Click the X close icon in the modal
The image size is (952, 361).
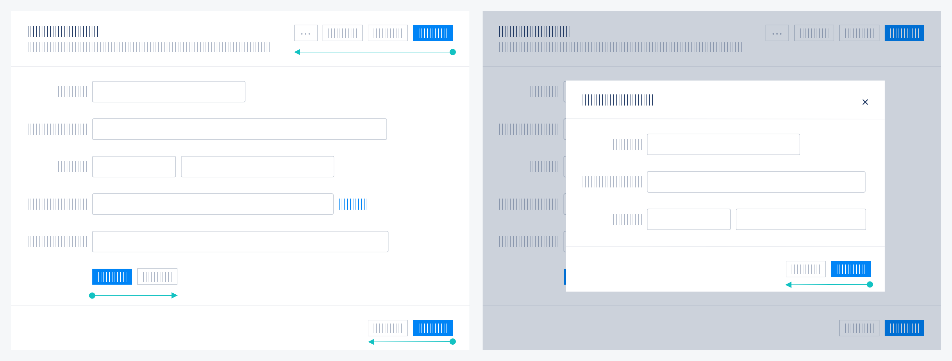[x=865, y=102]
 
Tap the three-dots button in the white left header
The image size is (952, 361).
[x=306, y=33]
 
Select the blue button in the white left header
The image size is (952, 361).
[x=432, y=33]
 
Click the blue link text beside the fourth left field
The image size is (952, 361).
[x=353, y=204]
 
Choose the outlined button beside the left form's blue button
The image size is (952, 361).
[x=157, y=277]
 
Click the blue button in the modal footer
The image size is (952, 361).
[x=850, y=269]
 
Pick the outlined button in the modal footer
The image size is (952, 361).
[x=805, y=269]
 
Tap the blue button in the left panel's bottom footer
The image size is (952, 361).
[x=432, y=328]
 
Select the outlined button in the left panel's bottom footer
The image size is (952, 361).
[x=387, y=328]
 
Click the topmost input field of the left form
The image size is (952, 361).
[x=168, y=92]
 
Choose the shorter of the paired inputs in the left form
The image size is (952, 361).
[x=134, y=167]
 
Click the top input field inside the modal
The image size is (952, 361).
[x=723, y=144]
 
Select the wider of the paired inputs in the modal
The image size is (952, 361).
[x=801, y=219]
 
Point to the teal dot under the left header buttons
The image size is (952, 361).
[x=452, y=52]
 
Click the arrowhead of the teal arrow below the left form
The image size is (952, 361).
[x=175, y=295]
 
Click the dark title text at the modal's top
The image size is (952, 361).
[x=618, y=100]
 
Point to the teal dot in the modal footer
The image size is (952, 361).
[x=870, y=285]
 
